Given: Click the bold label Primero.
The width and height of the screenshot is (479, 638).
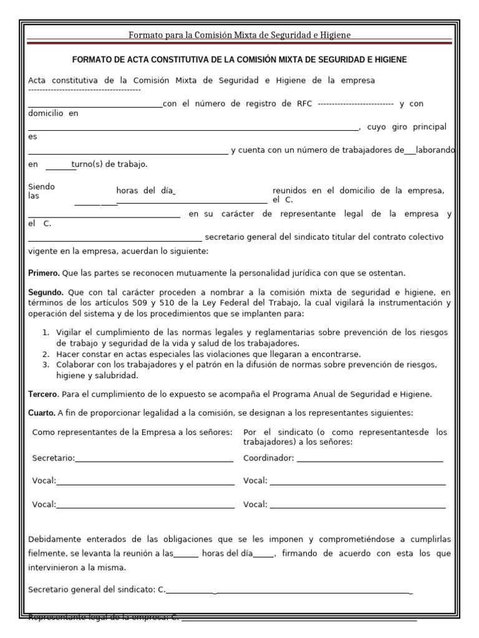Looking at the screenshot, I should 44,273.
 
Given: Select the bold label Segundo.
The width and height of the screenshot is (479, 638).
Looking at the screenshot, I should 46,292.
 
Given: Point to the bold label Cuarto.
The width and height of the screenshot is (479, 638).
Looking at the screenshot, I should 42,413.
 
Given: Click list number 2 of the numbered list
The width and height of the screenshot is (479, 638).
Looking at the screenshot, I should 46,354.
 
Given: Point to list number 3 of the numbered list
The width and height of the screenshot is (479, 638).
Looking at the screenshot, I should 46,364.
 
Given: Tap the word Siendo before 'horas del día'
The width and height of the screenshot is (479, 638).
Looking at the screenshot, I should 42,186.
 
